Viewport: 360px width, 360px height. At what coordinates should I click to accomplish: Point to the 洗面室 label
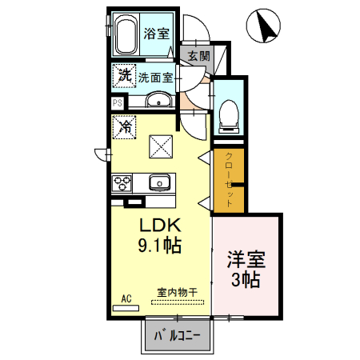[156, 78]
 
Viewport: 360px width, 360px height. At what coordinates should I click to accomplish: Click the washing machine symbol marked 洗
[124, 76]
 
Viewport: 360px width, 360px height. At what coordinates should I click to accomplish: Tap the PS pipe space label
[117, 102]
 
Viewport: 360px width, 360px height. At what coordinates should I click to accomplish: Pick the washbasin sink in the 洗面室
[159, 100]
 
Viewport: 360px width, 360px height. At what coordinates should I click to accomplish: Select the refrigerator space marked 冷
[125, 126]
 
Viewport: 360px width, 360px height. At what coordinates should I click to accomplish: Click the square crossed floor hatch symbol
[162, 145]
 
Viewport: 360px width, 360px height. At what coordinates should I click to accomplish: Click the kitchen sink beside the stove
[160, 182]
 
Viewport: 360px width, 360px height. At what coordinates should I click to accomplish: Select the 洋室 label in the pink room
[246, 259]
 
